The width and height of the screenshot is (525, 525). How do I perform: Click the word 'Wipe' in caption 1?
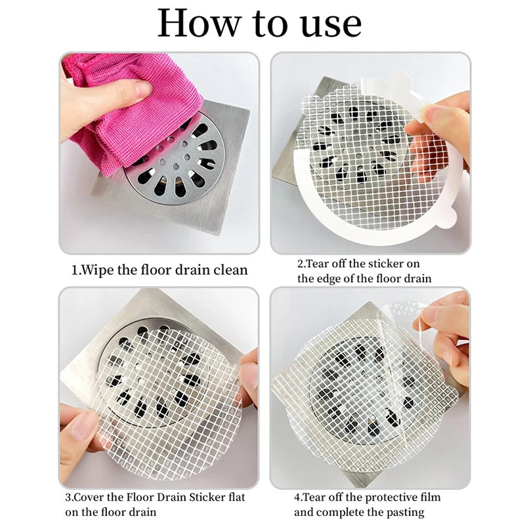(x=98, y=270)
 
